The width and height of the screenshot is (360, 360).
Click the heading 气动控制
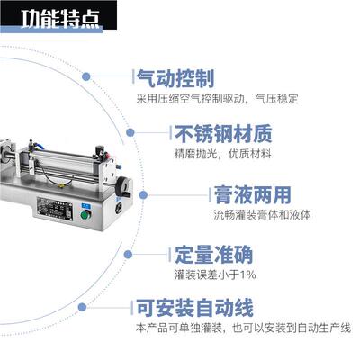(177, 78)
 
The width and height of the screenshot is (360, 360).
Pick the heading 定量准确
(218, 254)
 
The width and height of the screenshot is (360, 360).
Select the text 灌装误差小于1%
(215, 274)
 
